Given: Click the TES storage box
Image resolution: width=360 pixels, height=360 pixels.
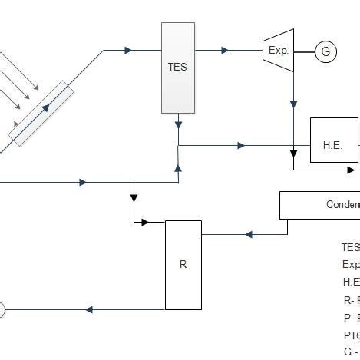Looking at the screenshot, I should [177, 67].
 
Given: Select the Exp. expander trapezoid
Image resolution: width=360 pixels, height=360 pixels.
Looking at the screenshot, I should [278, 51].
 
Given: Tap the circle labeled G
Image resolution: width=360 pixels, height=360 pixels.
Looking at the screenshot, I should [325, 51].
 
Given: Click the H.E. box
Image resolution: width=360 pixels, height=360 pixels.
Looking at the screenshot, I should [333, 140].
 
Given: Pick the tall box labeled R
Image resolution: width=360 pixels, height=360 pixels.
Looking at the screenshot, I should [183, 265].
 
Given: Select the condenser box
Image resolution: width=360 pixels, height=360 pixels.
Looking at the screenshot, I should [319, 205].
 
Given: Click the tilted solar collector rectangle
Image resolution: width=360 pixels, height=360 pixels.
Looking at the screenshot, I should [41, 114].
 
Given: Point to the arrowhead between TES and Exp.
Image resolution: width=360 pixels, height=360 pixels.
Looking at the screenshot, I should [225, 51].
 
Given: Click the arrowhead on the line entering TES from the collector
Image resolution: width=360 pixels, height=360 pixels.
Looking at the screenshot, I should [128, 51].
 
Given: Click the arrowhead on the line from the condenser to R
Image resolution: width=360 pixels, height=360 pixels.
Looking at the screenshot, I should [248, 234].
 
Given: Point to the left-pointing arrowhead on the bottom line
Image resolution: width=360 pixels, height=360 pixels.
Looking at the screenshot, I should [89, 310].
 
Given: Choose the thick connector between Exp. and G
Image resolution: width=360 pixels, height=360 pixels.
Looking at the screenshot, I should [305, 51].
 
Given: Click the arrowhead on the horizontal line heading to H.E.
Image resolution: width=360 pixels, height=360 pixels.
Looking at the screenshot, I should [242, 145].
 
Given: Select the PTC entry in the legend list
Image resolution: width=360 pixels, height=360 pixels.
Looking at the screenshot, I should [351, 335].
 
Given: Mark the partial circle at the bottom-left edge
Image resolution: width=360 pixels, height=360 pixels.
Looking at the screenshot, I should [2, 310].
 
